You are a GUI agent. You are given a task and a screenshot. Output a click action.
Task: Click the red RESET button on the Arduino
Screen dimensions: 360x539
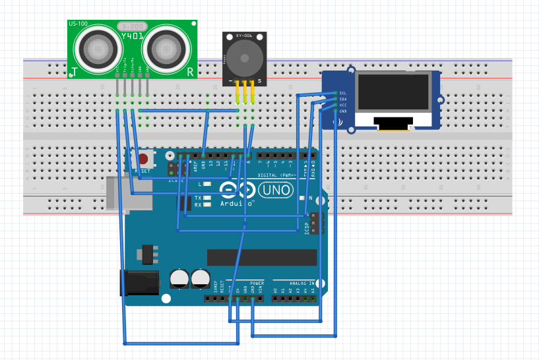click(x=143, y=158)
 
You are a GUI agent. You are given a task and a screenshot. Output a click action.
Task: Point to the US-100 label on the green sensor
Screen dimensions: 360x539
click(x=78, y=24)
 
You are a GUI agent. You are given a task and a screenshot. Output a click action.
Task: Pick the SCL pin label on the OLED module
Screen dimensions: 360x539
click(x=342, y=93)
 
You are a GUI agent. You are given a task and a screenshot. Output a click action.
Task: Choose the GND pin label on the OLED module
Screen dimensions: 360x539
click(x=342, y=111)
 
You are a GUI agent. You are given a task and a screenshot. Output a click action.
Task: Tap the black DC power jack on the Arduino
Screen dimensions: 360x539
click(x=139, y=282)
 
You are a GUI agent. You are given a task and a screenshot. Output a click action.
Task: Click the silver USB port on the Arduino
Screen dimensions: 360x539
click(x=117, y=193)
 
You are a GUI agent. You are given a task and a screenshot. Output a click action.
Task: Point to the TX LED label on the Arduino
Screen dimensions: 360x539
click(x=198, y=198)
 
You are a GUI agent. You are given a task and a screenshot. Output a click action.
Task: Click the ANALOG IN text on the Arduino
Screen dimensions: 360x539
click(x=298, y=282)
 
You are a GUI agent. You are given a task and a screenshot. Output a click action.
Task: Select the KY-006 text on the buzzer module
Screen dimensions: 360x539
click(x=245, y=34)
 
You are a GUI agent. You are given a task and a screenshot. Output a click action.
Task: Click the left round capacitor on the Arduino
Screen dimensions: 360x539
click(x=179, y=278)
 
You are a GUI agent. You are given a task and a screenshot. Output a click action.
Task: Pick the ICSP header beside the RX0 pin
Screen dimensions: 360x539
click(x=317, y=224)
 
